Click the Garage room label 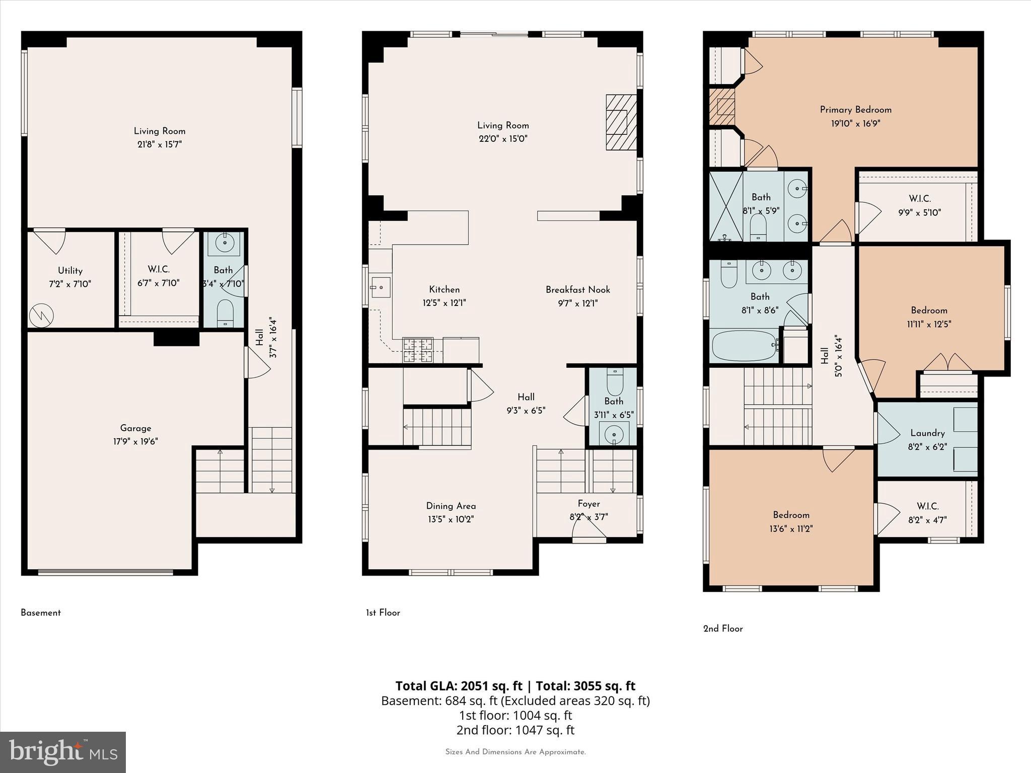(135, 428)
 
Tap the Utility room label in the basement (70, 271)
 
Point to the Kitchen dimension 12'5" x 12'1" (444, 303)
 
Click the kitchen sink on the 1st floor (381, 287)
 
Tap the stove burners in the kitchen (418, 350)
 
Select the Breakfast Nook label (577, 290)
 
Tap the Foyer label (588, 504)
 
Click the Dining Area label (451, 506)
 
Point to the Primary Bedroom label (855, 110)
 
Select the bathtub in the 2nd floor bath (744, 345)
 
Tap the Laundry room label (927, 433)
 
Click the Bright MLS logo (63, 752)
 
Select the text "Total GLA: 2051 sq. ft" (459, 686)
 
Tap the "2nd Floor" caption (722, 629)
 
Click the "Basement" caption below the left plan (41, 613)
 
